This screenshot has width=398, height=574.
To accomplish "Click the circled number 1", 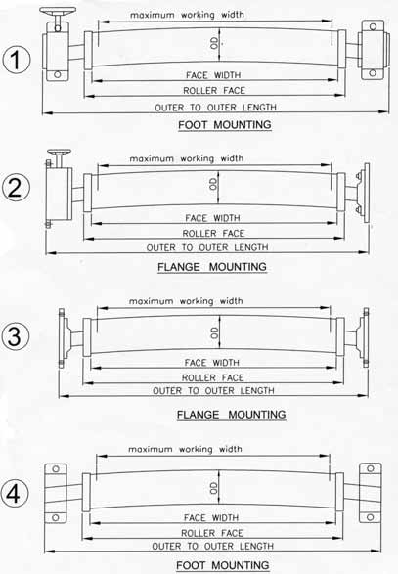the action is pos(16,60).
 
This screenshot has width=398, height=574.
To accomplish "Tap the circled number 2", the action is pos(16,188).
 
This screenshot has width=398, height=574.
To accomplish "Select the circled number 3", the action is pos(15,336).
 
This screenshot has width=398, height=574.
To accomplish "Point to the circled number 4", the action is pos(14,494).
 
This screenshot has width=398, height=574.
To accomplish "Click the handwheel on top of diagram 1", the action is pos(58,11).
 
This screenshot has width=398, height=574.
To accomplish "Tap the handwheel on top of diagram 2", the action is pos(59,153).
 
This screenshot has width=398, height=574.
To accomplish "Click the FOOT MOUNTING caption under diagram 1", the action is pos(225,125).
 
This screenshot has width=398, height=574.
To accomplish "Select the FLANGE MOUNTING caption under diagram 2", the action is pos(212,267).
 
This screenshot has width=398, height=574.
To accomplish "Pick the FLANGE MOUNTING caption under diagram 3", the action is pos(232,415).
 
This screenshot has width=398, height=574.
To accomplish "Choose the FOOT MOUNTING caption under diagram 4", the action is pos(223,565).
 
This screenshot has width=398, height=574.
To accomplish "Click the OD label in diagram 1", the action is pos(214,43).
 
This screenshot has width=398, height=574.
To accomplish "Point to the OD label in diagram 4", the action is pos(213,488).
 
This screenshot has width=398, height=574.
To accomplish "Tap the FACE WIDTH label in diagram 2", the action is pos(213,218).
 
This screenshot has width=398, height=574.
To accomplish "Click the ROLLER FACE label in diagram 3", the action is pos(213,377).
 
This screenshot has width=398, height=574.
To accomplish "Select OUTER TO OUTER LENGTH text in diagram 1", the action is pos(216,108).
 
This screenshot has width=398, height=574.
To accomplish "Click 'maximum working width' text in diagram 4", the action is pos(185,449).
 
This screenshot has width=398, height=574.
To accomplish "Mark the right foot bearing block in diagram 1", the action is pos(372,50).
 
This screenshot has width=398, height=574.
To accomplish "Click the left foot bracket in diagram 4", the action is pos(56,493).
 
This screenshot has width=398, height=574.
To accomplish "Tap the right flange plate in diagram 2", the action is pos(366,194).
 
